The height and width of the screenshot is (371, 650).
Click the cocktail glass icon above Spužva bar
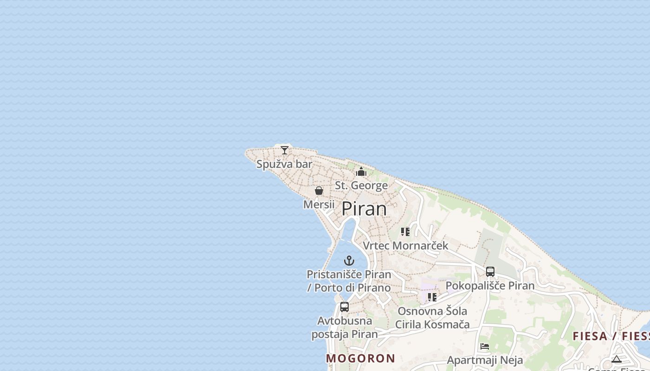(x=285, y=150)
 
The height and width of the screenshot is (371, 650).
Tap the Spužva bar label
(x=284, y=164)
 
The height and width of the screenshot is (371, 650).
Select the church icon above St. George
(x=361, y=172)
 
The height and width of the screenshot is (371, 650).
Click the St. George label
(x=361, y=185)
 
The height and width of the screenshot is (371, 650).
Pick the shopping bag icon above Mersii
(x=319, y=191)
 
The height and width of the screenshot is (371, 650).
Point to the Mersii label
(x=318, y=204)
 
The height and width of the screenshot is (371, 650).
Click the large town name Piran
(x=364, y=209)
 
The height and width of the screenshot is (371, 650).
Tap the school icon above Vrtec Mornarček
(x=405, y=231)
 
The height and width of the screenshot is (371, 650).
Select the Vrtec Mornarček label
(x=405, y=245)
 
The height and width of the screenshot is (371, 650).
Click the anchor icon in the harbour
(x=349, y=261)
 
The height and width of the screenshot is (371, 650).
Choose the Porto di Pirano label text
(x=349, y=288)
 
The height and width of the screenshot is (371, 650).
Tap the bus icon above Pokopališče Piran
(x=490, y=272)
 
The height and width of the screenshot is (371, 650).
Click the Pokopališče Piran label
(x=490, y=285)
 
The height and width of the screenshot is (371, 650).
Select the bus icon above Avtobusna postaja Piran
(x=344, y=307)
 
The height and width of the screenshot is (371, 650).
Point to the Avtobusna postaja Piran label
(x=344, y=327)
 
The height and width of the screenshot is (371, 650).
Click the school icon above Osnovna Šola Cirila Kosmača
(x=432, y=297)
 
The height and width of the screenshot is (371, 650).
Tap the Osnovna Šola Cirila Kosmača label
(x=432, y=318)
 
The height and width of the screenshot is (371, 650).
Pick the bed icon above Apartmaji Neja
(x=485, y=346)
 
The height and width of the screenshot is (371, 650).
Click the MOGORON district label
(x=360, y=358)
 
